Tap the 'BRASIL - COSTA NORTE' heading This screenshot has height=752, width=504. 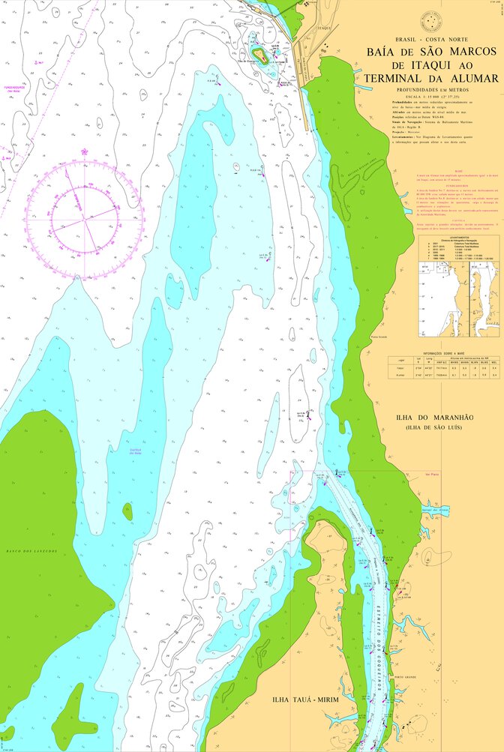[430, 38]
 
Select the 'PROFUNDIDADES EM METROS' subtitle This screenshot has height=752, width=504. [430, 90]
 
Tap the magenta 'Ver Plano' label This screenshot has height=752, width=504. [431, 474]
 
